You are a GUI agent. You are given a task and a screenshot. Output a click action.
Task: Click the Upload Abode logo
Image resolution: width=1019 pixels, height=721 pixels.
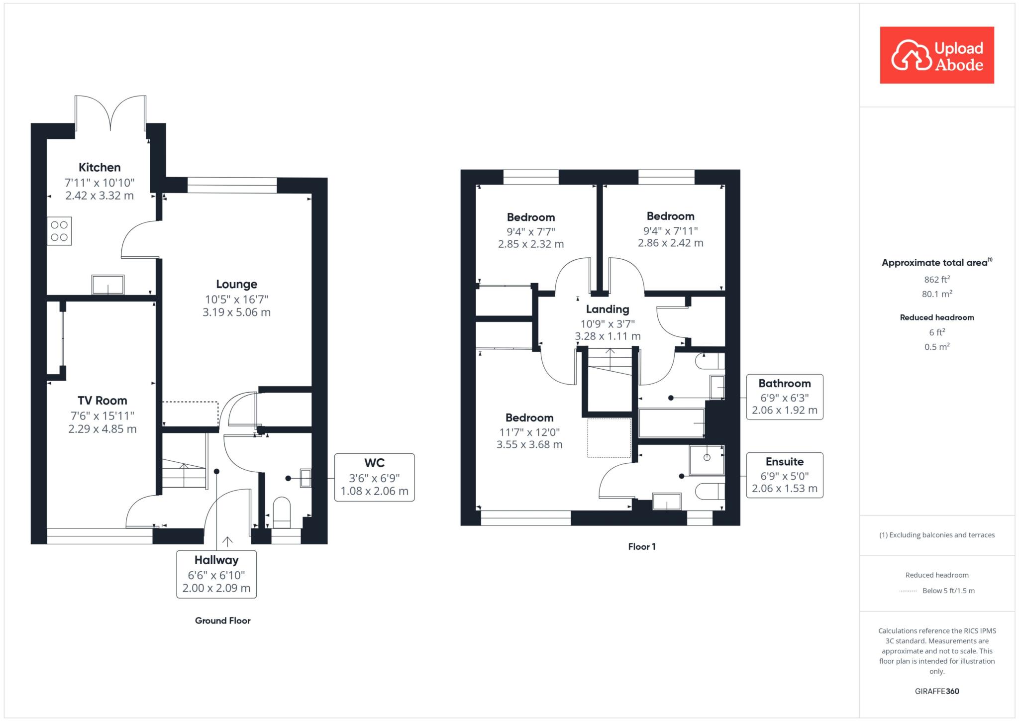coord(937,55)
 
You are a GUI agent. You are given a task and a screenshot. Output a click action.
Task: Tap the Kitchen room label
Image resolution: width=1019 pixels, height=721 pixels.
coord(100,168)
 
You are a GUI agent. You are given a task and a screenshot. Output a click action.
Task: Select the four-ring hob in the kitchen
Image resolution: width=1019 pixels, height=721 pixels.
coord(59,231)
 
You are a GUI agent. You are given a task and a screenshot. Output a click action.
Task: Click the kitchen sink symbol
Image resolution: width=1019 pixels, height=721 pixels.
coord(108,285)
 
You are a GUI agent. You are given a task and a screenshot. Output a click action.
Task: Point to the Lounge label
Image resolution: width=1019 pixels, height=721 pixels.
coord(237,284)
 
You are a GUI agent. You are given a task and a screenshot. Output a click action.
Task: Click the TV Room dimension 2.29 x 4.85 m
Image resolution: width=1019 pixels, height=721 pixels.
coord(102,429)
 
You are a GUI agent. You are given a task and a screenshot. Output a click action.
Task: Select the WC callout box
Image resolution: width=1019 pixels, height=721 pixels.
coord(375,477)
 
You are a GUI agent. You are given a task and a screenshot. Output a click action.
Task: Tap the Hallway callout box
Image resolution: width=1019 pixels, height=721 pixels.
coord(216,574)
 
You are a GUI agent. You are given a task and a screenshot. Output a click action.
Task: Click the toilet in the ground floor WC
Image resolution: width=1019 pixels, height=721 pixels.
coord(282,513)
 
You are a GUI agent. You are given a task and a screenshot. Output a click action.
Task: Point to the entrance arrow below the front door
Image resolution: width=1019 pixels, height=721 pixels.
coord(228,542)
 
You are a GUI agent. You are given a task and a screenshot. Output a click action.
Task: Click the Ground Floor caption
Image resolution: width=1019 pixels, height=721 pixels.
coord(223,620)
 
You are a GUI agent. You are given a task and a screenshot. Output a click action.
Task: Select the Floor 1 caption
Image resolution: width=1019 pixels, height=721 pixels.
coord(642,547)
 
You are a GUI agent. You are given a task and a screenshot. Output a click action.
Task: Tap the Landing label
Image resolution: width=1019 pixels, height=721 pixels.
coord(608,309)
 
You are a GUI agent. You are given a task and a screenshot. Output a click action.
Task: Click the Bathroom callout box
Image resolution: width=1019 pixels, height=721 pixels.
coord(785,397)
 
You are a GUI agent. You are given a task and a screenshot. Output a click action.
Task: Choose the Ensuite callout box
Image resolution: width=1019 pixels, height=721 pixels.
coord(785,475)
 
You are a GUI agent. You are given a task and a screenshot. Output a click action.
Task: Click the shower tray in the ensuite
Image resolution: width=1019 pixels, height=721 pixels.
coord(707,460)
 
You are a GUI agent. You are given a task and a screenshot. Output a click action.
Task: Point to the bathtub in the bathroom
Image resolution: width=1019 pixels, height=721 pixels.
coord(672,423)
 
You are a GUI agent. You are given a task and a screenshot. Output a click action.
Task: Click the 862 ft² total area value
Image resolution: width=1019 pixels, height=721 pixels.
coord(937,279)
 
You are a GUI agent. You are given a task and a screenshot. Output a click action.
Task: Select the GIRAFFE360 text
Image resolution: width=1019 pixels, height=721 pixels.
coord(937,691)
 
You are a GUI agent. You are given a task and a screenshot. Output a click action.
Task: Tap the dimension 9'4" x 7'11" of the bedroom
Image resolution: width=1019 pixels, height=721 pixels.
coord(671,231)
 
